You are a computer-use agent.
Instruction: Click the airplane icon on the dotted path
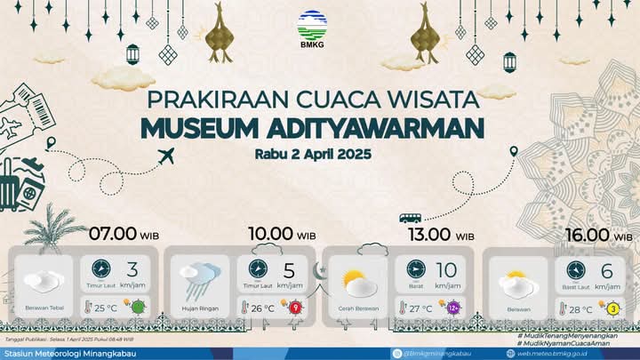[x=166, y=157]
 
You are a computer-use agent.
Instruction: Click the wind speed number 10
[x=446, y=270]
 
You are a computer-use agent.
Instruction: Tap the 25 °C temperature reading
[x=106, y=308]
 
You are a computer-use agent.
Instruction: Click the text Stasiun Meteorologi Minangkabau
[x=64, y=353]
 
